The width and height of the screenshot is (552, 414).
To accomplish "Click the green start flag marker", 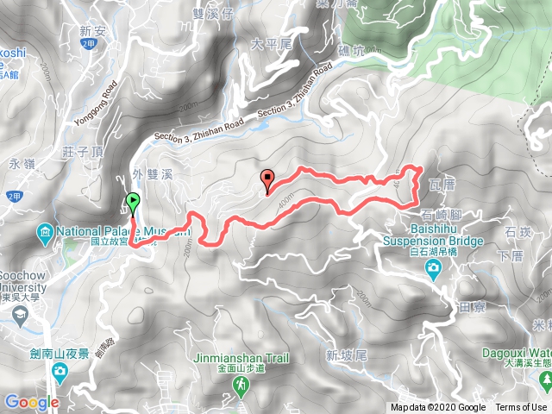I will point(132,203).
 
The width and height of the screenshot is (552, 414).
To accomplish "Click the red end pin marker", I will point(267,179).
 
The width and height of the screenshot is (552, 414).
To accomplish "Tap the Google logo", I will point(31,402).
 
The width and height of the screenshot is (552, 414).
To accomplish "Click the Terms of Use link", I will point(521,408).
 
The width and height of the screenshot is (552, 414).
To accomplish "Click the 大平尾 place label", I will point(267,41).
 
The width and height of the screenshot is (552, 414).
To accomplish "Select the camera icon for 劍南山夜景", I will point(60,371).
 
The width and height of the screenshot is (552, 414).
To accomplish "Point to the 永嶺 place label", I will point(18,161).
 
